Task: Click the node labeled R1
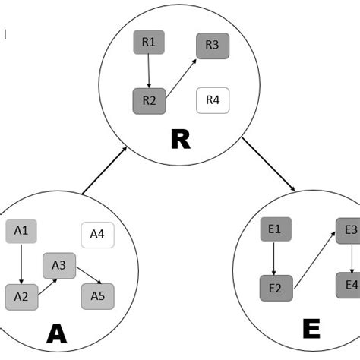click(149, 43)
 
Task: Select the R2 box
click(149, 100)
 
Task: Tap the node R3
click(213, 46)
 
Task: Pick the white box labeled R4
click(213, 100)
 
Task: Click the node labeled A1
click(21, 231)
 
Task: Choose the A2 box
click(21, 296)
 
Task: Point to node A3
click(59, 265)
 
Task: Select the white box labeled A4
click(97, 234)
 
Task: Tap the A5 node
click(97, 296)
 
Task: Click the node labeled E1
click(275, 229)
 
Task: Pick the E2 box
click(275, 288)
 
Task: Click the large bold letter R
click(180, 140)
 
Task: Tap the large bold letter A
click(57, 334)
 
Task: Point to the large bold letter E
click(311, 329)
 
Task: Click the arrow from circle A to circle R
click(104, 172)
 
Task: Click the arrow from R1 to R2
click(149, 71)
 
